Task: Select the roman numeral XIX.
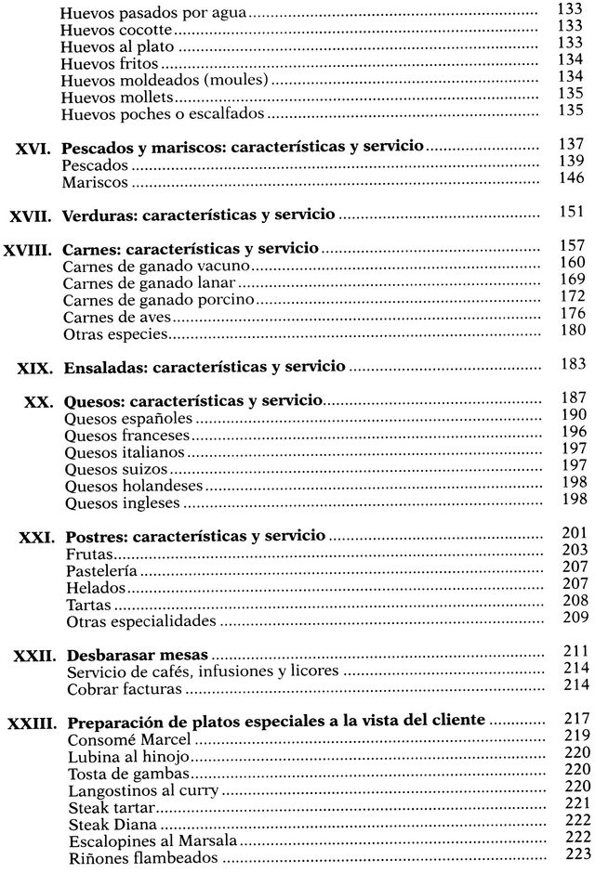tap(37, 368)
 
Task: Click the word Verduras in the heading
tap(96, 216)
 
